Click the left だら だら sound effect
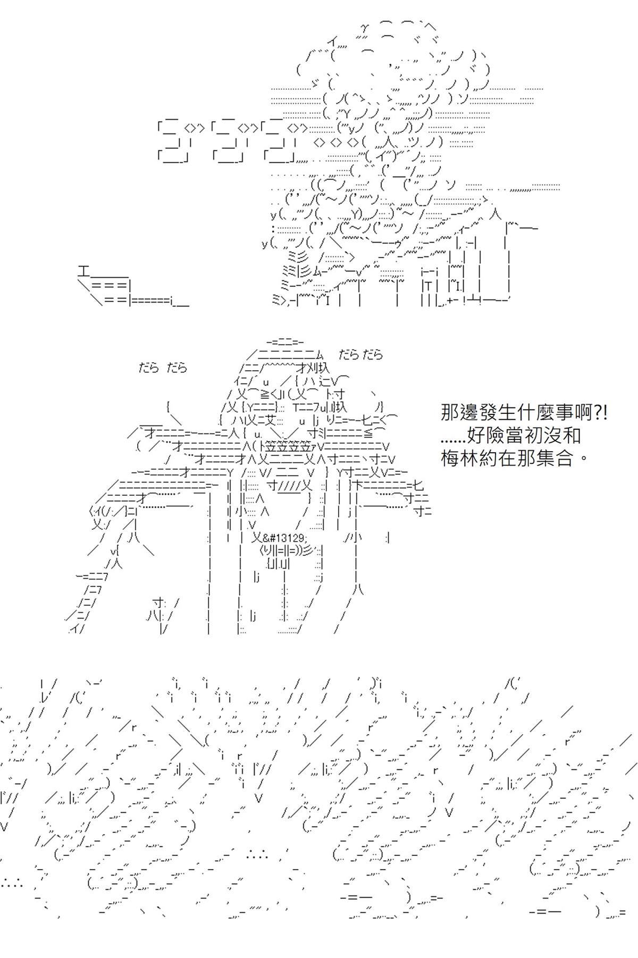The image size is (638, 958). pos(163,368)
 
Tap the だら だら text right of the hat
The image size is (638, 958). pos(360,354)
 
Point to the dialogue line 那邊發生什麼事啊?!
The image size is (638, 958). pos(524,413)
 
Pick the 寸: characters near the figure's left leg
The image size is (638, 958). pos(159,603)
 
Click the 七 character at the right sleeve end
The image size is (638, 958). pos(418,485)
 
